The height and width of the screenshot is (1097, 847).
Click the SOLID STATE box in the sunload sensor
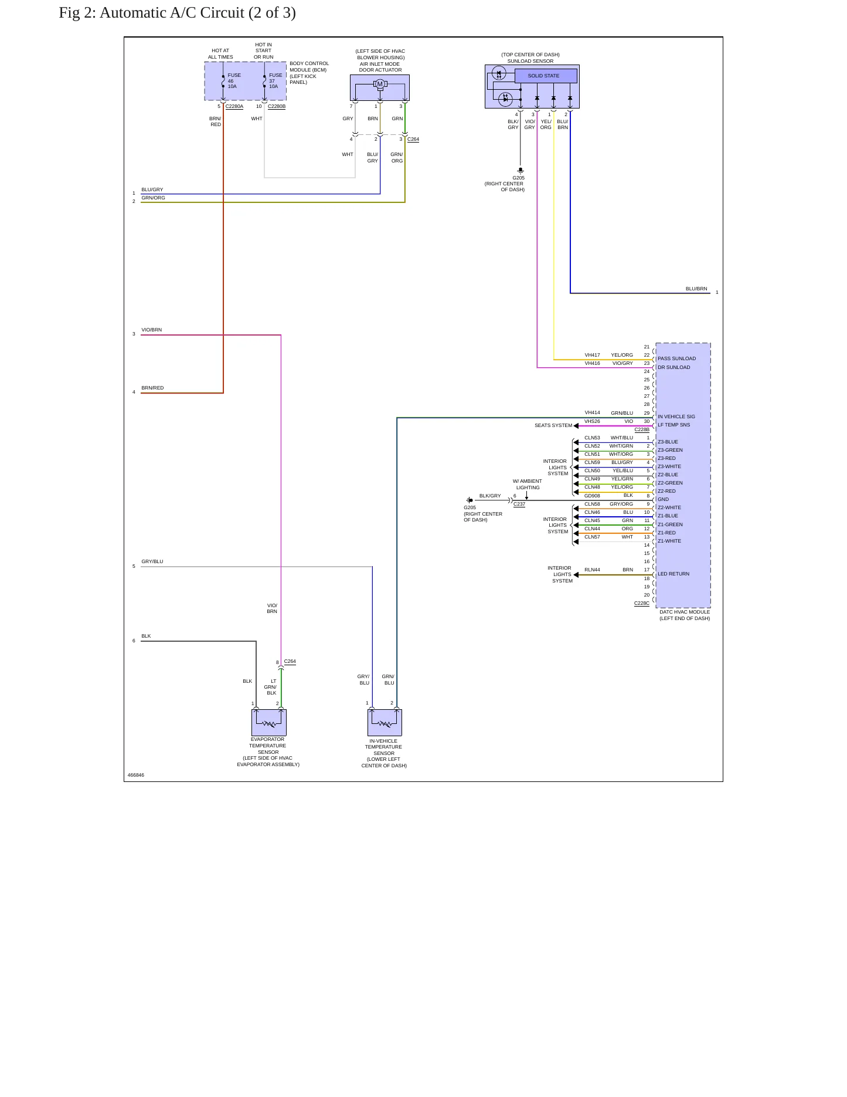click(x=546, y=76)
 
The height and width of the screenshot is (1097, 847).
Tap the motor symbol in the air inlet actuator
click(x=380, y=84)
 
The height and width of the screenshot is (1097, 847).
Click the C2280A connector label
click(x=234, y=107)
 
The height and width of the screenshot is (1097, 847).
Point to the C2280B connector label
click(x=277, y=107)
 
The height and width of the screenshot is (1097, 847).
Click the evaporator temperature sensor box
click(x=269, y=722)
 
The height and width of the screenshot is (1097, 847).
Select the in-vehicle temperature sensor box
click(x=385, y=722)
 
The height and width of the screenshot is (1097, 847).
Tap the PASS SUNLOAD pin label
click(x=676, y=358)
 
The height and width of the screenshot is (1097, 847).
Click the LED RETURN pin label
click(x=673, y=574)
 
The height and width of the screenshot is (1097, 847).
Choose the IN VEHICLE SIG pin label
click(x=676, y=417)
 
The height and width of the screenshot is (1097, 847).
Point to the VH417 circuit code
click(x=592, y=355)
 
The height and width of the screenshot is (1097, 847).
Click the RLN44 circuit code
click(x=592, y=570)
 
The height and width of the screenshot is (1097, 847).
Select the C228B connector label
click(x=642, y=430)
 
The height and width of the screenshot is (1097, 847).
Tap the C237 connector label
click(x=519, y=505)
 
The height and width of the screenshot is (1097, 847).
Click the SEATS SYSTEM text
click(x=553, y=425)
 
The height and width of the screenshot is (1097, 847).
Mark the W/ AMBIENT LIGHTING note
click(x=528, y=485)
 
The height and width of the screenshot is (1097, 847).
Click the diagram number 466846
click(x=136, y=775)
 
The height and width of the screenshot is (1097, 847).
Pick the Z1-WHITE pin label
click(x=669, y=541)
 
